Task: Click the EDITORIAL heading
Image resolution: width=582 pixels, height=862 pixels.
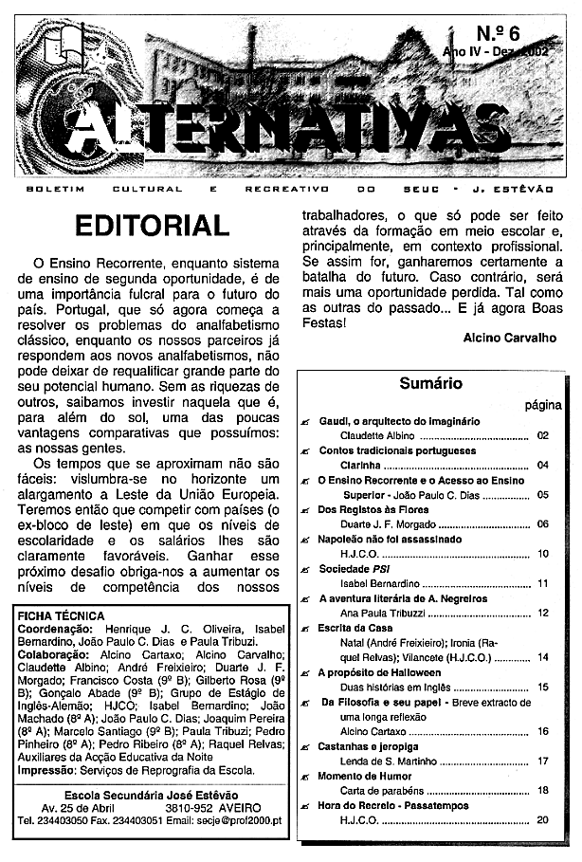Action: (x=152, y=227)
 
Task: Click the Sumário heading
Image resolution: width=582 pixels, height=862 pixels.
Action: (x=429, y=384)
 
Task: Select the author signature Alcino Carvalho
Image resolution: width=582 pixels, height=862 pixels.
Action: (x=511, y=338)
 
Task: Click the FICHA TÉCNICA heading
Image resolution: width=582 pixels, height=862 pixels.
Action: (x=63, y=616)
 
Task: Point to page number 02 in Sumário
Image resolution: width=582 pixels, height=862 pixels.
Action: (x=543, y=436)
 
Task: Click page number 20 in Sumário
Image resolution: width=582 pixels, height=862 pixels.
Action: (x=543, y=820)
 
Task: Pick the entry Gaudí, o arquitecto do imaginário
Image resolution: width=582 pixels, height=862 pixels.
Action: (x=398, y=420)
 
